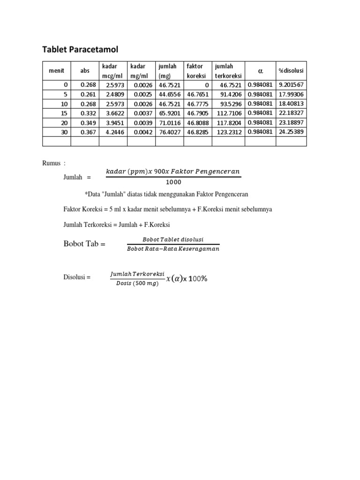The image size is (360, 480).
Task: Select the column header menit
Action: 56,71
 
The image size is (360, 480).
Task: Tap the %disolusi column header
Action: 291,71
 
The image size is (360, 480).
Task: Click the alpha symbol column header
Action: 260,71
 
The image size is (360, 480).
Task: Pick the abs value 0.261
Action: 88,94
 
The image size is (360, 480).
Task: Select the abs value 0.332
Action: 88,113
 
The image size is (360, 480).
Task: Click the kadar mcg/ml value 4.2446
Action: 115,132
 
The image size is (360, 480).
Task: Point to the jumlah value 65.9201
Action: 170,113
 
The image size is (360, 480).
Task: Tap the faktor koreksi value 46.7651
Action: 197,94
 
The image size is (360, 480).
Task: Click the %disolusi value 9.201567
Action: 291,85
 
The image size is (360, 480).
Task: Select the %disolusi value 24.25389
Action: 291,132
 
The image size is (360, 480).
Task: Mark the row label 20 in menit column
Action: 65,123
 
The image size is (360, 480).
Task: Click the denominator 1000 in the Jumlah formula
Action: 173,182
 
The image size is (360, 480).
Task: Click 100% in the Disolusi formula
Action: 198,278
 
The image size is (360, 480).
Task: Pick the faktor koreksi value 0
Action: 207,85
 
